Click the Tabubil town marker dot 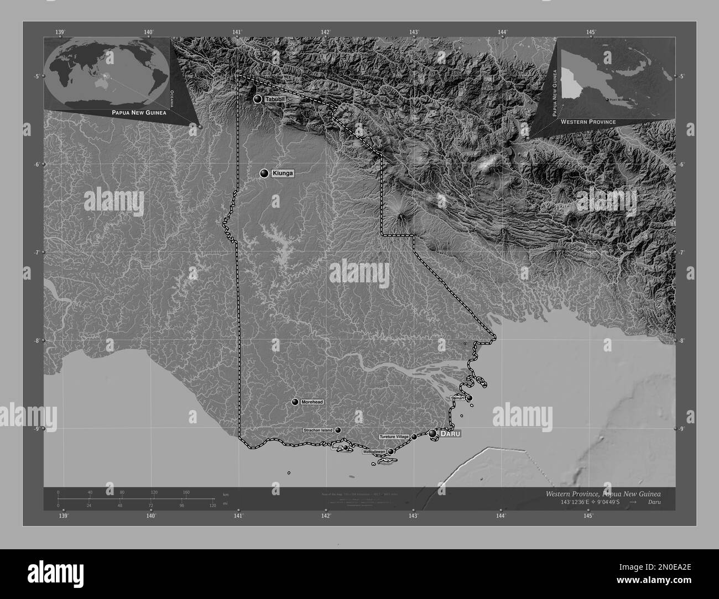[258, 99]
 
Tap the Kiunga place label [283, 174]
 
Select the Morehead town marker [295, 402]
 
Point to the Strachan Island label [318, 430]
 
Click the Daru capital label [450, 434]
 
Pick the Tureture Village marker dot [414, 437]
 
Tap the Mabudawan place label [374, 452]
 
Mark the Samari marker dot [470, 398]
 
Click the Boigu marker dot [346, 448]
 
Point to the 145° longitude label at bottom [588, 516]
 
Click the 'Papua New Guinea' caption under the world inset [139, 112]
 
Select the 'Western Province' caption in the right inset [587, 121]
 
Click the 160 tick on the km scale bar [186, 492]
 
